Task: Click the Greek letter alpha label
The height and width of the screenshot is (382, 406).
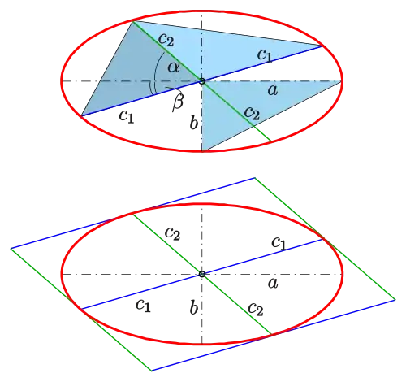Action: [x=174, y=67]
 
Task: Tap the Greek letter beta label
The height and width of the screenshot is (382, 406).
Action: [x=178, y=102]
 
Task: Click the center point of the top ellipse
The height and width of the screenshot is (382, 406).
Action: [x=202, y=81]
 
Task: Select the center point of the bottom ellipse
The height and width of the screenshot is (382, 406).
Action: [x=202, y=274]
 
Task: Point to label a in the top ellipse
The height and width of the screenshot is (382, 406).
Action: [x=273, y=90]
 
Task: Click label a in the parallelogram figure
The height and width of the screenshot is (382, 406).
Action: [x=273, y=284]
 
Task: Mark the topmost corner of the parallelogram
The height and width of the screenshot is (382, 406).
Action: [x=255, y=178]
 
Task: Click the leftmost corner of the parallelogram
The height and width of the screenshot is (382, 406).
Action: [x=11, y=249]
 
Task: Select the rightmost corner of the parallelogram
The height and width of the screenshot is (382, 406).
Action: [x=395, y=299]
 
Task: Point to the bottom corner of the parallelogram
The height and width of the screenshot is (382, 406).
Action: [x=152, y=371]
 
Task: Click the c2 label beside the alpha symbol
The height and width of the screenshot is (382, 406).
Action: [x=166, y=40]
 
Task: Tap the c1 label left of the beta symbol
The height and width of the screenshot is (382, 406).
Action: [x=127, y=117]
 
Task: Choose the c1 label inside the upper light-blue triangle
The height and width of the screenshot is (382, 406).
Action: [x=265, y=55]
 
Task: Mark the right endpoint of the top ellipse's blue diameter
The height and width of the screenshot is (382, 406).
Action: [x=322, y=46]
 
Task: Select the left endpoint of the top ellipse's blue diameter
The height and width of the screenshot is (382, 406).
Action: [x=81, y=116]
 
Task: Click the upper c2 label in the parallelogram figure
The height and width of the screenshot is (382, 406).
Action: [x=172, y=233]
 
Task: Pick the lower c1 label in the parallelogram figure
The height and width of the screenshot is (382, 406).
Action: [x=143, y=306]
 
